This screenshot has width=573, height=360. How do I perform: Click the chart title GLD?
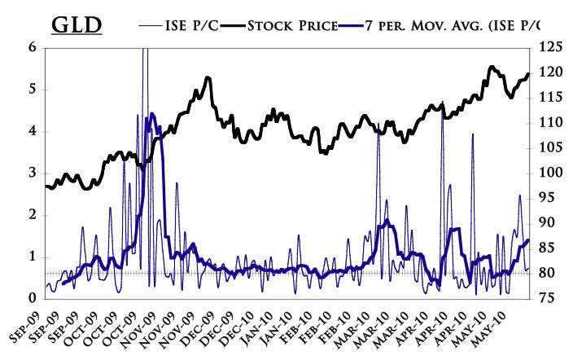[77, 24]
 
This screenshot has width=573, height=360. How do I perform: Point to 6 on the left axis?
[33, 47]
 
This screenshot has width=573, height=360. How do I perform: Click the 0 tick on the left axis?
[33, 299]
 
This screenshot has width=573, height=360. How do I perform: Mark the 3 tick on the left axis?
[33, 173]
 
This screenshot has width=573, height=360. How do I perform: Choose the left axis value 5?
[33, 89]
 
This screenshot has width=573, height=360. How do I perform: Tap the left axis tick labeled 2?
[33, 215]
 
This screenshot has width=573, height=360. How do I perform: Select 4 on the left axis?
[33, 131]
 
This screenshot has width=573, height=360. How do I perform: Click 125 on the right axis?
[552, 47]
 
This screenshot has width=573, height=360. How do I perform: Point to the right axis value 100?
[552, 173]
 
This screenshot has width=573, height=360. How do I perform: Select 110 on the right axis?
[552, 123]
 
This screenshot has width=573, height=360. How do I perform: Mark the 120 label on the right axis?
[552, 72]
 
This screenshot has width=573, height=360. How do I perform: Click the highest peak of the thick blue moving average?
[152, 113]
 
